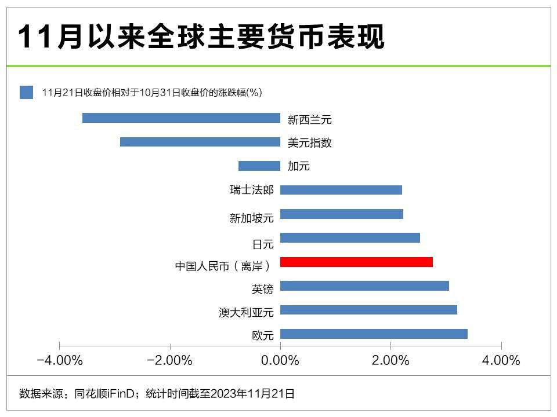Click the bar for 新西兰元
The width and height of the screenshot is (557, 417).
pyautogui.click(x=181, y=118)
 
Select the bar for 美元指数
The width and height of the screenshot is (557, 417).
pyautogui.click(x=200, y=142)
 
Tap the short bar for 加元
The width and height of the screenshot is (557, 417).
pyautogui.click(x=259, y=166)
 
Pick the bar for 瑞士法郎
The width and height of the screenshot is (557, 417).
pyautogui.click(x=341, y=190)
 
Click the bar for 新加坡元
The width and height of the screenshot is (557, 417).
pyautogui.click(x=342, y=214)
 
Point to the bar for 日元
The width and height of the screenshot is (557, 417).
pyautogui.click(x=350, y=238)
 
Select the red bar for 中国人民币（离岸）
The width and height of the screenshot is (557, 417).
pyautogui.click(x=356, y=262)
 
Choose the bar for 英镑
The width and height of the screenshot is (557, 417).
pyautogui.click(x=364, y=286)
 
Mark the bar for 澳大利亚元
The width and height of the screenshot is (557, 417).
pyautogui.click(x=368, y=310)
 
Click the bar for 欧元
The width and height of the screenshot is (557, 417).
pyautogui.click(x=374, y=334)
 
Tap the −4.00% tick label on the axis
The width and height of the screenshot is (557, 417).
pyautogui.click(x=59, y=361)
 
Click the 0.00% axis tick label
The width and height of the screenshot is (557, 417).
pyautogui.click(x=280, y=361)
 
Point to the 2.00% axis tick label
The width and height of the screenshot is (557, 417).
pyautogui.click(x=390, y=361)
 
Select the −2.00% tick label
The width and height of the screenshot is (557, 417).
pyautogui.click(x=169, y=361)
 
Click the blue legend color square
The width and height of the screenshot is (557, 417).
pyautogui.click(x=26, y=93)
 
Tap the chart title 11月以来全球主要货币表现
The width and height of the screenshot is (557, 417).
pyautogui.click(x=201, y=38)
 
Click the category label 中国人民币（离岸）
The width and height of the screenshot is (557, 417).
pyautogui.click(x=223, y=266)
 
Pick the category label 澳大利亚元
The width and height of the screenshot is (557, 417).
pyautogui.click(x=246, y=313)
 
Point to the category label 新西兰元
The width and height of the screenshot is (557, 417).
pyautogui.click(x=310, y=120)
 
